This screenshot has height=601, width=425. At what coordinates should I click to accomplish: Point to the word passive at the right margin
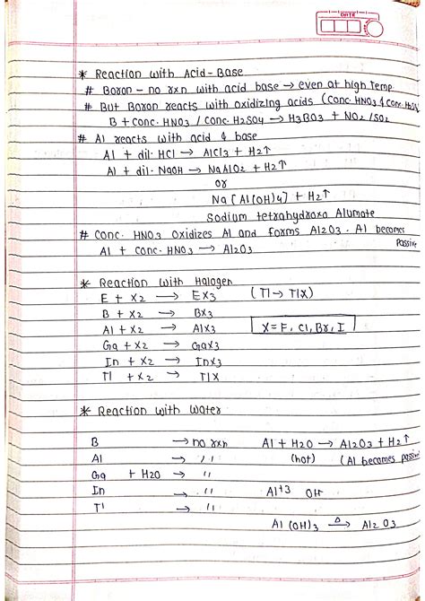pyautogui.click(x=407, y=242)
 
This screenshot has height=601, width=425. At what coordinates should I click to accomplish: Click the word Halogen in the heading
pyautogui.click(x=212, y=281)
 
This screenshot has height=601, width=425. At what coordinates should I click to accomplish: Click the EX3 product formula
pyautogui.click(x=204, y=295)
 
